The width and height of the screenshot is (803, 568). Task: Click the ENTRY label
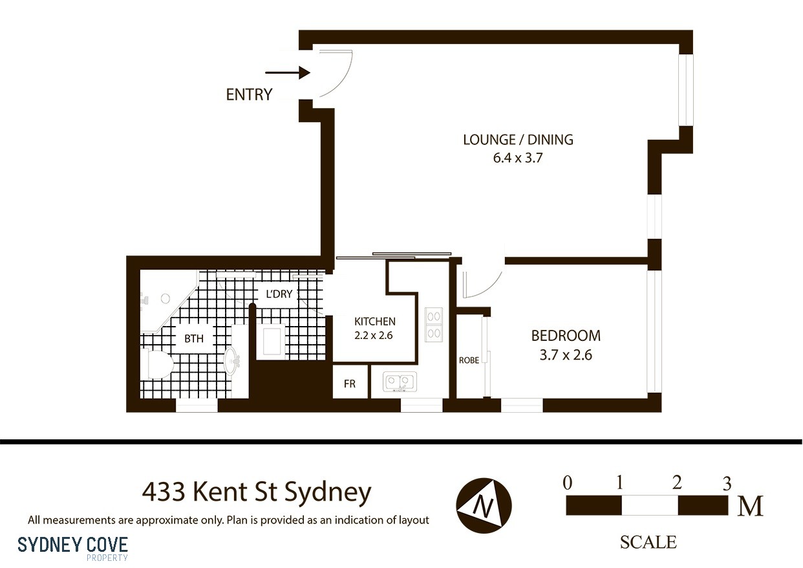(249, 94)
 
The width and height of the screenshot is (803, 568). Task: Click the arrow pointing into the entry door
(296, 73)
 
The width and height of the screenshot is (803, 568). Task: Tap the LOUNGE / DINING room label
(518, 139)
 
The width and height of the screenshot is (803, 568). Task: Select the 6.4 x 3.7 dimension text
(517, 157)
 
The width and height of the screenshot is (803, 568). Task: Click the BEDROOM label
(565, 336)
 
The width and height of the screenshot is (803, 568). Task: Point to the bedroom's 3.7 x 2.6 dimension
(565, 355)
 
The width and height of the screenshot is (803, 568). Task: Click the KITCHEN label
(374, 322)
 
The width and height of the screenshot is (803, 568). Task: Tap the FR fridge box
(350, 384)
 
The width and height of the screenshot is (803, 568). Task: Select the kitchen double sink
(398, 382)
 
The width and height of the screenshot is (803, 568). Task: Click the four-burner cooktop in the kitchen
(433, 325)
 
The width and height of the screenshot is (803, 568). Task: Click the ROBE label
(469, 360)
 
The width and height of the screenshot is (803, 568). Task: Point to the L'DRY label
(279, 294)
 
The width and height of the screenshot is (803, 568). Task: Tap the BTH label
(193, 338)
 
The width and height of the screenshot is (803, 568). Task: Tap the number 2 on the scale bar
(677, 483)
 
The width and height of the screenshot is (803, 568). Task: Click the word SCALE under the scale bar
(648, 542)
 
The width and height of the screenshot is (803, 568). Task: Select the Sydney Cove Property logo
(72, 546)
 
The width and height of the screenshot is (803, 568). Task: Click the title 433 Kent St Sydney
(257, 492)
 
